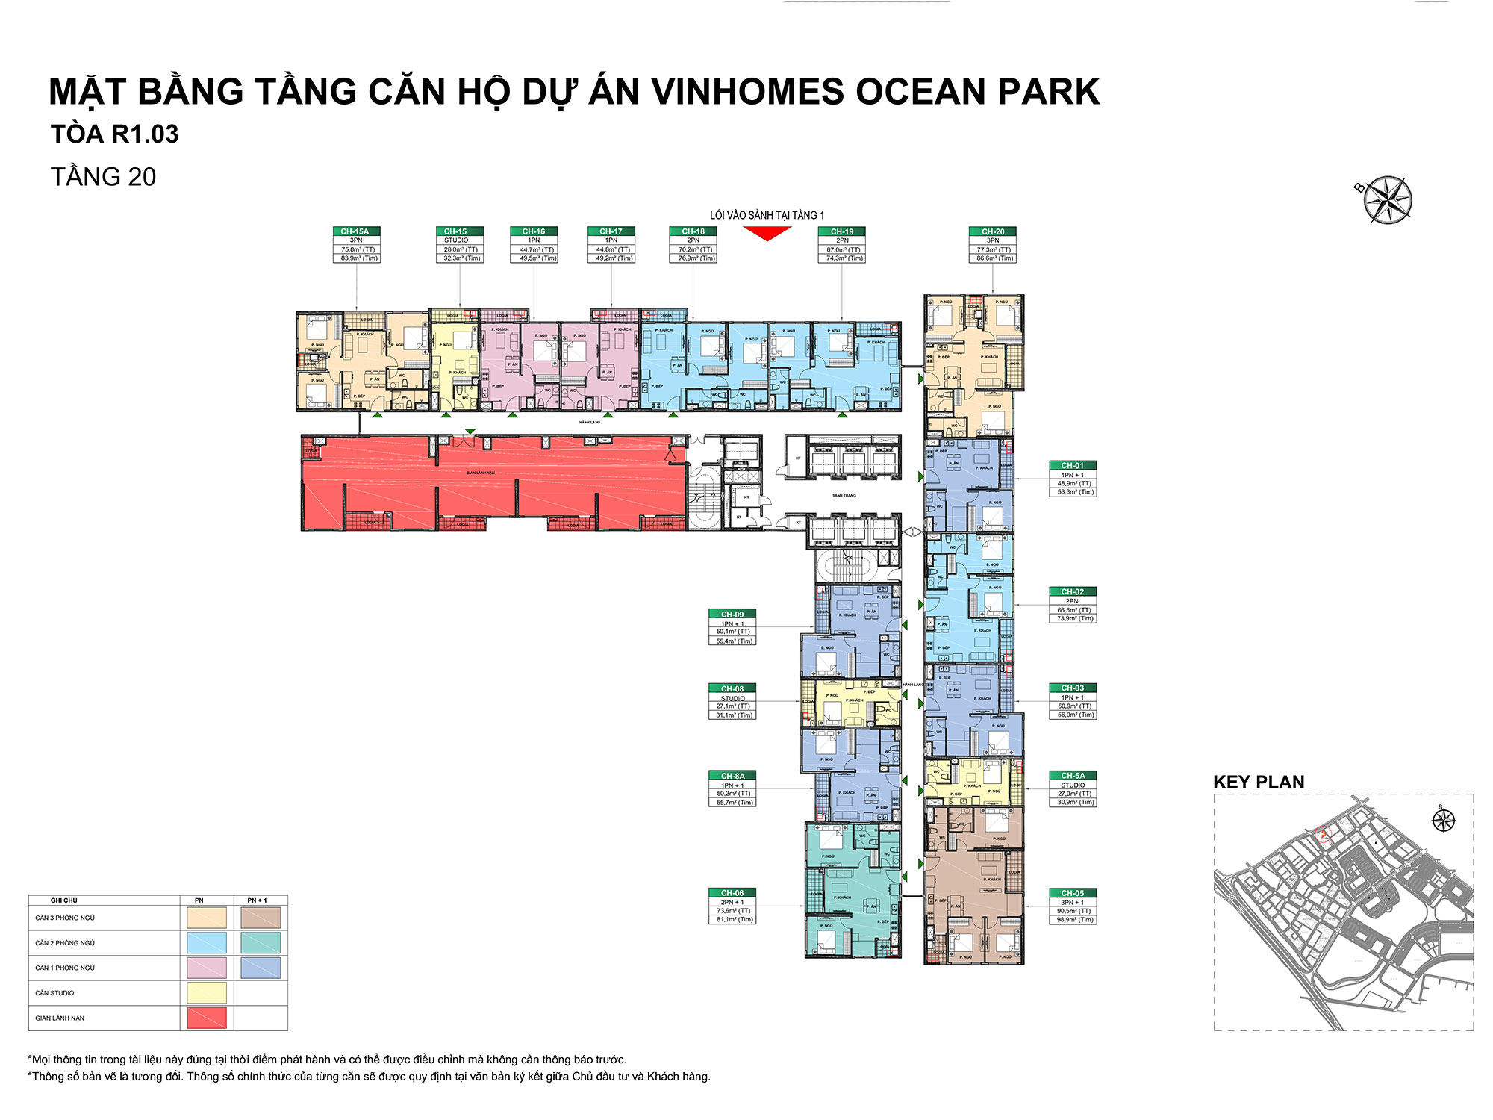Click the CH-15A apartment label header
355,231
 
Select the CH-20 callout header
993,231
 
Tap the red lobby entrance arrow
767,234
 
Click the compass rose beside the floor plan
1387,200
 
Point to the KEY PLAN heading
1259,782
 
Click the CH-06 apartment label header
732,892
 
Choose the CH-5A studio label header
1073,776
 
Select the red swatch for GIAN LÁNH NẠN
207,1018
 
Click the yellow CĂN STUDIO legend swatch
207,992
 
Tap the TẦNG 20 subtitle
103,177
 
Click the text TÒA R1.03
114,134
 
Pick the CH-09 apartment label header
732,614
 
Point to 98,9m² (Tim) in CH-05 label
1073,920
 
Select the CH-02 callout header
1073,591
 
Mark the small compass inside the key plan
1444,820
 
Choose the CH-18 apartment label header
693,231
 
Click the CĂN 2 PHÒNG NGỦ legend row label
65,943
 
